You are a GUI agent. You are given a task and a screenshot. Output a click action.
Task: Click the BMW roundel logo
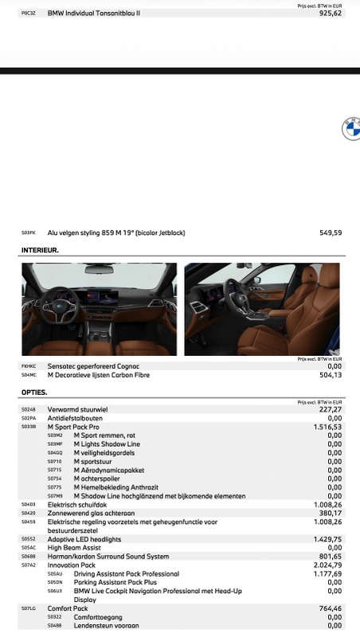pyautogui.click(x=351, y=128)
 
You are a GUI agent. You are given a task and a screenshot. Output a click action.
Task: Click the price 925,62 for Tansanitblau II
pyautogui.click(x=330, y=14)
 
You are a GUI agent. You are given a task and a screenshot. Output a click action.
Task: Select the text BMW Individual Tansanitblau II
pyautogui.click(x=93, y=14)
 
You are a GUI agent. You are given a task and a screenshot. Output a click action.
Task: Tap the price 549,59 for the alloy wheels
pyautogui.click(x=330, y=233)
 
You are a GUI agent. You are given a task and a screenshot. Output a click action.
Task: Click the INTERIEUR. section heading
pyautogui.click(x=40, y=250)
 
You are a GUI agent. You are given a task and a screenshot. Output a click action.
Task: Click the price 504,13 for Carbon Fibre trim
pyautogui.click(x=330, y=374)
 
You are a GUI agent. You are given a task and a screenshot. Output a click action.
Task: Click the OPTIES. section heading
pyautogui.click(x=34, y=393)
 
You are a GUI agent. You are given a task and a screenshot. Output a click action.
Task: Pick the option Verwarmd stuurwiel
pyautogui.click(x=77, y=409)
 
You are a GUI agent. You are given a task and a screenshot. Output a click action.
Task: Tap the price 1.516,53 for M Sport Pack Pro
pyautogui.click(x=327, y=427)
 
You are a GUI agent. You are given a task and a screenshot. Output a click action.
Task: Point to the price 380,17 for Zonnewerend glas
pyautogui.click(x=330, y=513)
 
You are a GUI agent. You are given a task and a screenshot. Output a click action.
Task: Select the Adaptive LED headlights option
pyautogui.click(x=84, y=539)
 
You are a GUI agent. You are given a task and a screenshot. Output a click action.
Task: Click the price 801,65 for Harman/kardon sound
pyautogui.click(x=330, y=557)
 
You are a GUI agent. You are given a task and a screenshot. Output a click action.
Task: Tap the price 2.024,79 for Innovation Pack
pyautogui.click(x=327, y=565)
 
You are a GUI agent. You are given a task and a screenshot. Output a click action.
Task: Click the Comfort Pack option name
pyautogui.click(x=68, y=608)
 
